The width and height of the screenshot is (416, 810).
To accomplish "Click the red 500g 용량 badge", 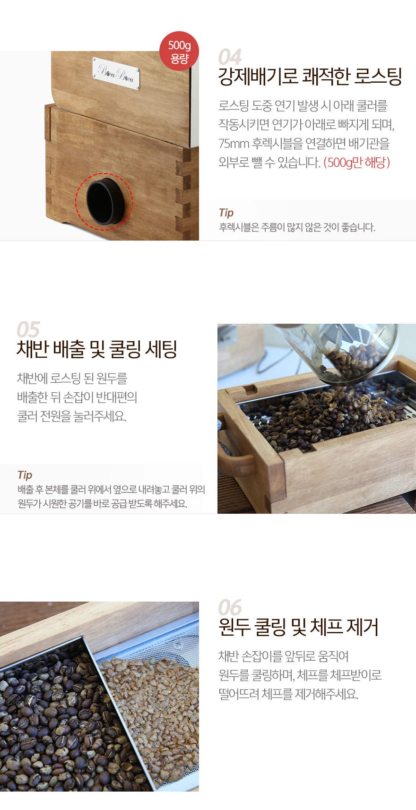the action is (x=179, y=51).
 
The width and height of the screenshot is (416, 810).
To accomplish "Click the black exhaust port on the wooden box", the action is (x=105, y=201).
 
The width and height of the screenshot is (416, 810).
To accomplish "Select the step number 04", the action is (x=230, y=57).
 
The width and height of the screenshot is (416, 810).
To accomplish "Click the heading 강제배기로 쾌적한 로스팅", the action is (x=310, y=76).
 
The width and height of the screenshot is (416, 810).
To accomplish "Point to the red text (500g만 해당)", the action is (x=357, y=163).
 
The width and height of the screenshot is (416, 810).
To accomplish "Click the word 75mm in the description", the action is (x=234, y=144).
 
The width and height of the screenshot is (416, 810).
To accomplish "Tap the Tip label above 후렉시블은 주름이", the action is (x=226, y=213).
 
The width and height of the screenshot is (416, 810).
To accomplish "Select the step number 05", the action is (x=28, y=329).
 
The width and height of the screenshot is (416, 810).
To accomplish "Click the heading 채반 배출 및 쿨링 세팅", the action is (x=97, y=349).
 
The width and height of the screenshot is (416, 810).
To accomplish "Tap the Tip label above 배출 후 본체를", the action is (x=25, y=475).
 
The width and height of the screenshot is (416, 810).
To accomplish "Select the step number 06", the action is (x=230, y=607).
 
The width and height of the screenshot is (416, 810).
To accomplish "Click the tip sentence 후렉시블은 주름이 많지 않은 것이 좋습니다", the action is (x=297, y=227).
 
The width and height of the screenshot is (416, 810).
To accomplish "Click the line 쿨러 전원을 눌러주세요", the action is (x=72, y=416).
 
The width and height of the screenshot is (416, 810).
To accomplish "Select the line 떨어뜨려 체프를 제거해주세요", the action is (x=288, y=694).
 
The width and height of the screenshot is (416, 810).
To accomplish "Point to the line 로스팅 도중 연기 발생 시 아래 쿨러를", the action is (x=303, y=105).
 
